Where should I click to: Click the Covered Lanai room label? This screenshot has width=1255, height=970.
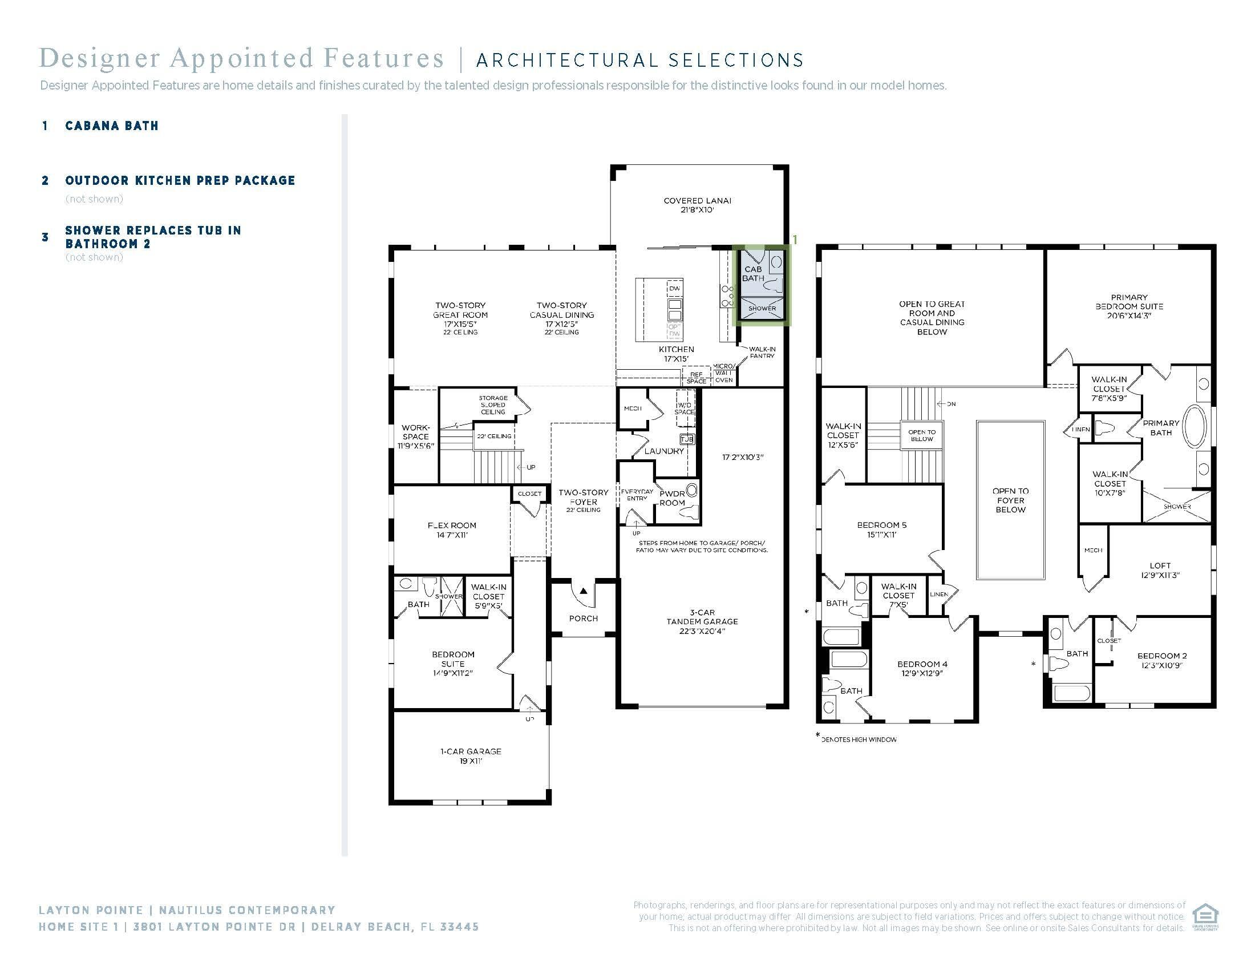tap(697, 205)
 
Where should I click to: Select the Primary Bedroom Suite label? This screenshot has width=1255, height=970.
tap(1128, 306)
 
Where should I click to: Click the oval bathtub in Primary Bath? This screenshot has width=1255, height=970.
tap(1194, 427)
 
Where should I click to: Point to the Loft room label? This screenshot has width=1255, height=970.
tap(1160, 570)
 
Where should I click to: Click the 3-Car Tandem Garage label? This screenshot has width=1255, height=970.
tap(702, 622)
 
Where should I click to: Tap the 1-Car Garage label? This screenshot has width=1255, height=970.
tap(471, 755)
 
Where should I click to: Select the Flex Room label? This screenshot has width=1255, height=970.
tap(452, 530)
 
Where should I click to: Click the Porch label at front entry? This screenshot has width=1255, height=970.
tap(583, 619)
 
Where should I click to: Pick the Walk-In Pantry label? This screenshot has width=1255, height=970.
tap(762, 352)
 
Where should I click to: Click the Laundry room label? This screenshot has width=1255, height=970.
tap(663, 451)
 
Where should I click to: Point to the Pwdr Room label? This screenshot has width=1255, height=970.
tap(672, 498)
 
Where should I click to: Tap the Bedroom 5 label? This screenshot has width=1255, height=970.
tap(881, 530)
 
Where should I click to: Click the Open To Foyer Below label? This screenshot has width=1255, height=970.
tap(1010, 500)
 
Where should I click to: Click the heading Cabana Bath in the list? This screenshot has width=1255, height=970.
tap(111, 126)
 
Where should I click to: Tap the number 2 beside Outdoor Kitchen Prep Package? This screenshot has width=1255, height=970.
tap(46, 180)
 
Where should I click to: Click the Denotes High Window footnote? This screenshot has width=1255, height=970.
tap(859, 739)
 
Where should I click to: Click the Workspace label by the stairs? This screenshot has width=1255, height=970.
tap(415, 436)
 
